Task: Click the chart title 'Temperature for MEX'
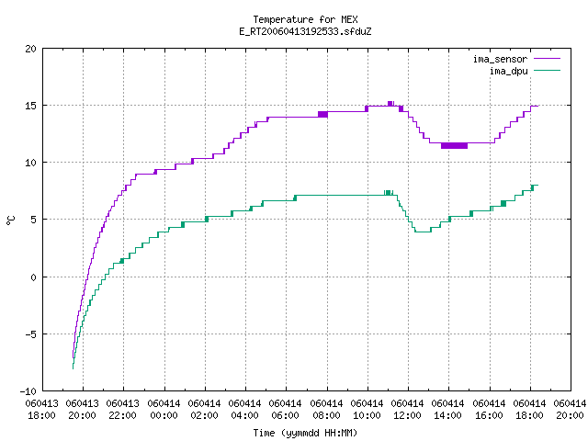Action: (x=305, y=19)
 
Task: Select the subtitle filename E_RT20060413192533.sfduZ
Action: (x=305, y=31)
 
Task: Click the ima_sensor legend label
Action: (x=500, y=59)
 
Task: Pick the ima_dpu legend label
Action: (x=508, y=71)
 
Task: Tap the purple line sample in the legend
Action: (x=548, y=59)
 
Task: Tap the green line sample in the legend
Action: (x=548, y=71)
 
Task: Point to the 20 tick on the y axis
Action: (x=30, y=49)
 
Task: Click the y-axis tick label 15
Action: (x=30, y=106)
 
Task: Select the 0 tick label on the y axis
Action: (x=34, y=277)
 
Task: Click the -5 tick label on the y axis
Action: (x=28, y=334)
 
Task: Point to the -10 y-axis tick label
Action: (x=28, y=391)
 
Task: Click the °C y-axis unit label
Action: (x=10, y=220)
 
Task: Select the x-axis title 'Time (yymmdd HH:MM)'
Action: (x=305, y=433)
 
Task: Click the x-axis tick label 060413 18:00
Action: (x=42, y=410)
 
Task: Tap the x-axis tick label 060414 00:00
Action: (x=164, y=410)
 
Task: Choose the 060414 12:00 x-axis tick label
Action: (x=407, y=410)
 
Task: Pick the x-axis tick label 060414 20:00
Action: (x=570, y=410)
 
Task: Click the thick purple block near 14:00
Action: (x=454, y=145)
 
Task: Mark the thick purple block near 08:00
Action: (x=322, y=114)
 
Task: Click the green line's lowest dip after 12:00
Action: (x=423, y=232)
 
